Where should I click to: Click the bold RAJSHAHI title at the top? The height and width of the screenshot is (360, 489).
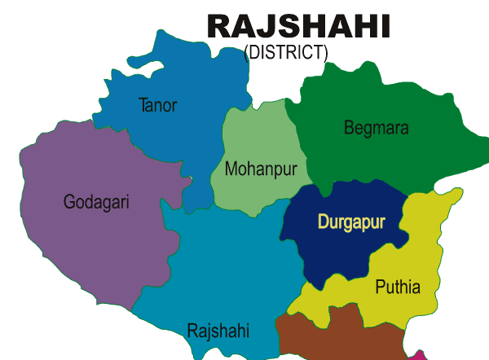[298, 26]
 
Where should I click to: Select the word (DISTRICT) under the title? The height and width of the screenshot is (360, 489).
[286, 53]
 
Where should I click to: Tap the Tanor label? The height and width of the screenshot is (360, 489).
[157, 105]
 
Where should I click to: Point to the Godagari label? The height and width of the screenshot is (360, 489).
[96, 201]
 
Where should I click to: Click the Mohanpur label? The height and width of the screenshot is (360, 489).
[260, 169]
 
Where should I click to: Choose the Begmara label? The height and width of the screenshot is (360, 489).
[376, 128]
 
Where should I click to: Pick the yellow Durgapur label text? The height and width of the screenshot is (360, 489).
[351, 222]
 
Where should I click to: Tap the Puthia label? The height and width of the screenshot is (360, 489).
[397, 287]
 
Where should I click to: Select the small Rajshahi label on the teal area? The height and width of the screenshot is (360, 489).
[218, 331]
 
